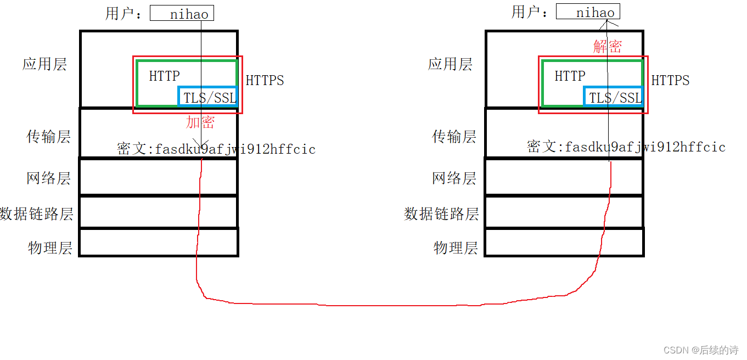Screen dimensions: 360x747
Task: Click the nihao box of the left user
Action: pos(182,13)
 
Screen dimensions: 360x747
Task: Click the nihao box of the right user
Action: pos(588,12)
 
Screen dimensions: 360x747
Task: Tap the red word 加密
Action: pos(200,122)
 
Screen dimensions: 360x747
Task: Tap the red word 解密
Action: pos(607,47)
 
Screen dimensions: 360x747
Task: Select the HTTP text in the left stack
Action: pos(164,76)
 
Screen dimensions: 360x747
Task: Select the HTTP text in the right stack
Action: pos(570,76)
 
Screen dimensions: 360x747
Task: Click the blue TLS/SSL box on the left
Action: pos(208,97)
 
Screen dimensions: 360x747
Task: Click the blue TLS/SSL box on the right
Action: pos(614,97)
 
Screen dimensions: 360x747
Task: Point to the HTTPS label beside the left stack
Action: pos(265,81)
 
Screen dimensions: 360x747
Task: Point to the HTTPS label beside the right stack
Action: pos(670,81)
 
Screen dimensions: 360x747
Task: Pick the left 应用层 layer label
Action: pos(44,64)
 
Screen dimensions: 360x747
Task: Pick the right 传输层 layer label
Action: pos(454,137)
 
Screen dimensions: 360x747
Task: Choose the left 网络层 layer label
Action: pos(48,178)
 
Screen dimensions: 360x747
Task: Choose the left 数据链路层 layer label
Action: pos(37,213)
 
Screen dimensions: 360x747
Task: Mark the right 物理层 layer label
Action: pos(456,248)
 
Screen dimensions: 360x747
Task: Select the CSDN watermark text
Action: pos(700,350)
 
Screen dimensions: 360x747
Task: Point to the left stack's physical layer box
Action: pos(159,242)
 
